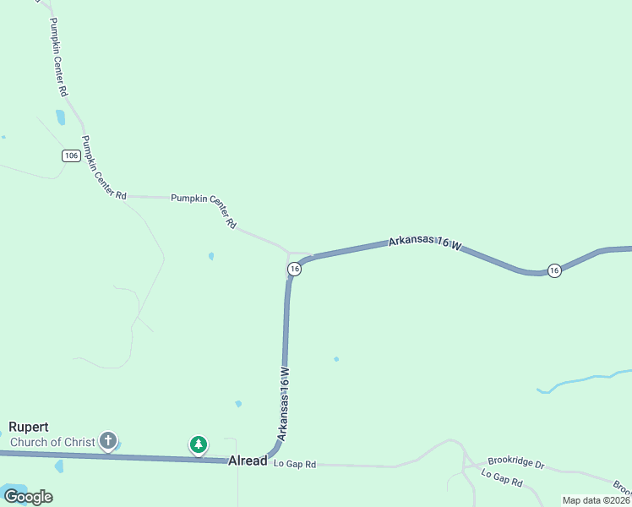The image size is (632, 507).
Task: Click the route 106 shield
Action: point(71,155)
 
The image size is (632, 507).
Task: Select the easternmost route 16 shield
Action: point(553,270)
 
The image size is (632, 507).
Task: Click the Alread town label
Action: point(248,461)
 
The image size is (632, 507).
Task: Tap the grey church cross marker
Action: point(108,440)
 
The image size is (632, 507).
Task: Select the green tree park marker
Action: point(199,444)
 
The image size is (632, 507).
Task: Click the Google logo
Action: point(27,497)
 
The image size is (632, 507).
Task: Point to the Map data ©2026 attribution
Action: point(596,500)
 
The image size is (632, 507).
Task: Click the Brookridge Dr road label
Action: point(515,465)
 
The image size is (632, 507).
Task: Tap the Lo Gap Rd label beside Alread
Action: point(294,465)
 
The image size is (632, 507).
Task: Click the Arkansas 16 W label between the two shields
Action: point(425,243)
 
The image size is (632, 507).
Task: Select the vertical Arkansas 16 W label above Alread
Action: point(285,403)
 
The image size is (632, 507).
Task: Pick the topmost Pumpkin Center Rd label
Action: point(56,56)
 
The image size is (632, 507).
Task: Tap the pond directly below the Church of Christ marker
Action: point(58,466)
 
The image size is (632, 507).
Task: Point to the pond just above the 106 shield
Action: point(60,117)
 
